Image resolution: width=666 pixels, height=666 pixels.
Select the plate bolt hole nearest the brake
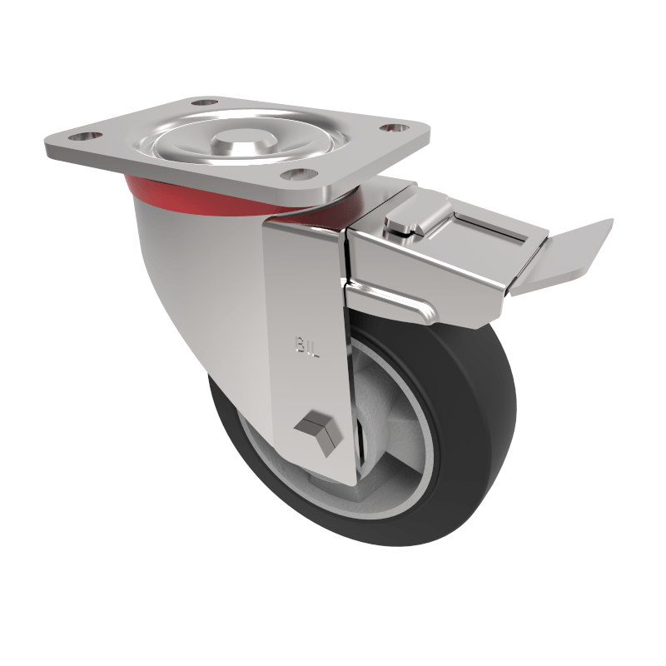click(x=390, y=128)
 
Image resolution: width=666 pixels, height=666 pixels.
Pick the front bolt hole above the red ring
click(x=295, y=174)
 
